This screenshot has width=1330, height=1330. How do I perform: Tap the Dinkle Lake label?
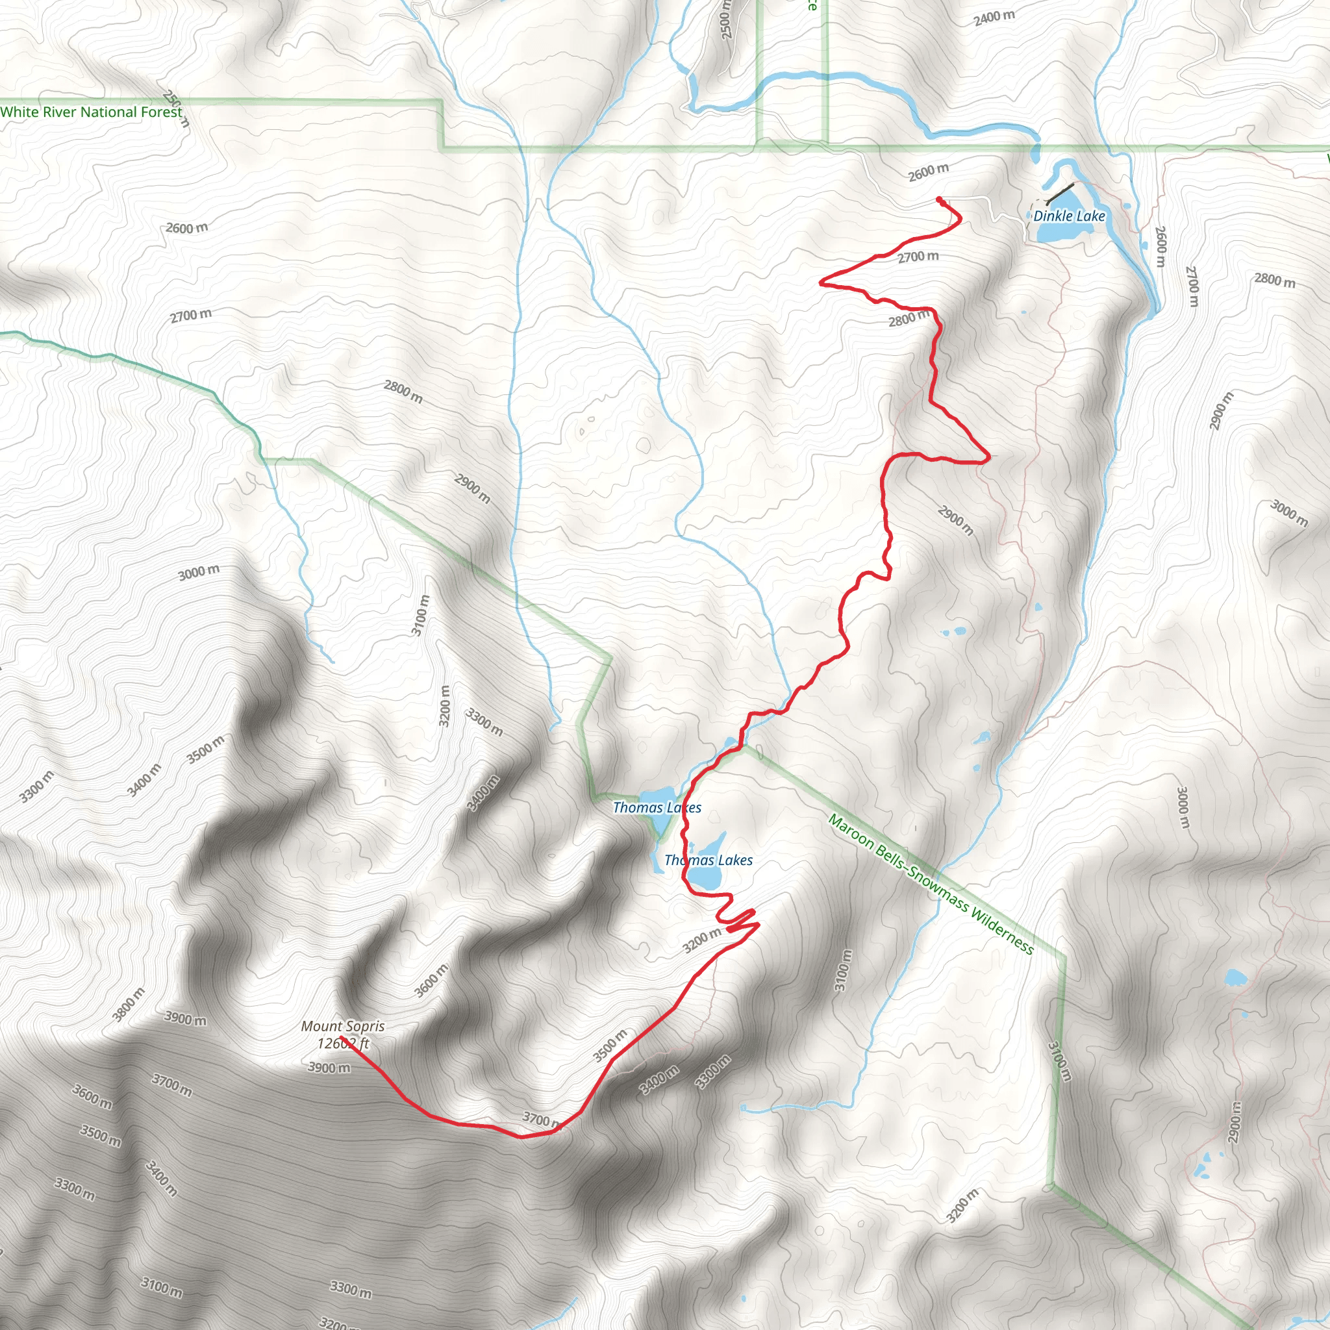click(x=1068, y=216)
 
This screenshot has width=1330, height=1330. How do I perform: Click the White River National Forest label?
click(x=91, y=112)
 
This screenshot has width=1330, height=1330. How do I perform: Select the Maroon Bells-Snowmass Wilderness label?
click(x=930, y=885)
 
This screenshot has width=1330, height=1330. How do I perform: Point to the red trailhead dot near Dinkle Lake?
click(x=940, y=199)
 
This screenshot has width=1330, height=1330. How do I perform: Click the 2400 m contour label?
click(x=994, y=18)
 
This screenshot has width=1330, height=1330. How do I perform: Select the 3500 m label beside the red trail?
click(x=610, y=1045)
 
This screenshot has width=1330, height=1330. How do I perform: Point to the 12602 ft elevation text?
click(x=342, y=1044)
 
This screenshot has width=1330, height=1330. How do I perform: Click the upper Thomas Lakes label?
click(x=657, y=807)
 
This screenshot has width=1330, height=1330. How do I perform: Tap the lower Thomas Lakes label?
click(x=709, y=860)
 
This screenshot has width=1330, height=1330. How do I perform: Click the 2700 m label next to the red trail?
click(x=918, y=257)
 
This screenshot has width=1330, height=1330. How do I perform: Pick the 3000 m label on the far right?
click(x=1288, y=513)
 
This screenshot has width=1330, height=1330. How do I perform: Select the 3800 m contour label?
click(x=129, y=1005)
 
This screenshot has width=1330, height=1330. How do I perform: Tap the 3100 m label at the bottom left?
click(x=162, y=1286)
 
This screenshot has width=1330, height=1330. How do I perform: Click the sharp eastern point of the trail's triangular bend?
click(x=989, y=456)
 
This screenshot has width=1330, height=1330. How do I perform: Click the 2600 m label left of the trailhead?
click(x=928, y=172)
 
